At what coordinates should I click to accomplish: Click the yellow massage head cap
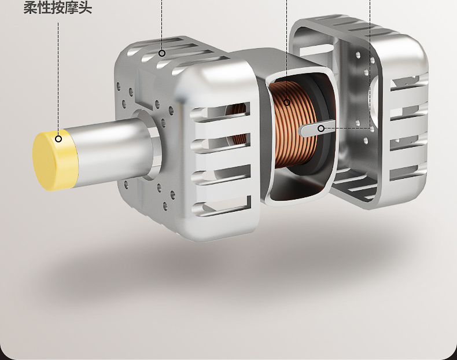[x=55, y=161]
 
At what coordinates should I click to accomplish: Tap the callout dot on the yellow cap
[x=58, y=139]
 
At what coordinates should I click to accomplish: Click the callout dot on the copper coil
[x=287, y=102]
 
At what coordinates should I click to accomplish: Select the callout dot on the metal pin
[x=321, y=128]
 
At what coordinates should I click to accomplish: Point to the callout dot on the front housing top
[x=162, y=53]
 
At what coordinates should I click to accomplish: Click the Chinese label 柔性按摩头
[x=58, y=8]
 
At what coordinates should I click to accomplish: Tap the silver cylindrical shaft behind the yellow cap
[x=113, y=152]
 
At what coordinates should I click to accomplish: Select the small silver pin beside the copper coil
[x=317, y=128]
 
